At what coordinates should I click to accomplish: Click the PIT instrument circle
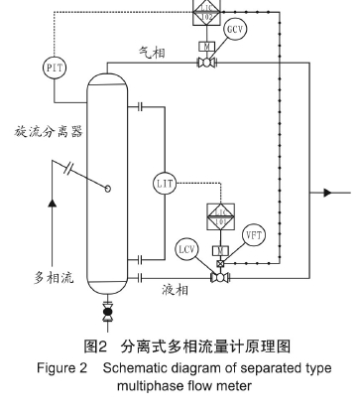coord(54,68)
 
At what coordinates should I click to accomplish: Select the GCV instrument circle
coord(234,31)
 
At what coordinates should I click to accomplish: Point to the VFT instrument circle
coord(253,235)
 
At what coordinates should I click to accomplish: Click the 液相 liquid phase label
coord(176,291)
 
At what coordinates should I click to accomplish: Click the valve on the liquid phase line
coord(218,279)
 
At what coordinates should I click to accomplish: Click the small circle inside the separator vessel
coord(108,187)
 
